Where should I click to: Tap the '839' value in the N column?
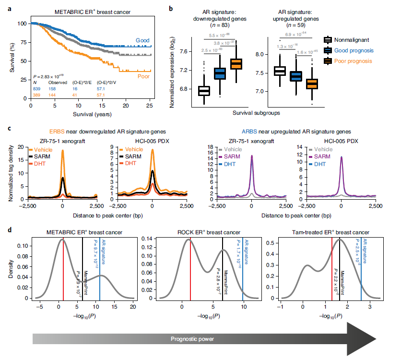[x=37, y=88]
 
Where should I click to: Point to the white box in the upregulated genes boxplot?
[x=280, y=71]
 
